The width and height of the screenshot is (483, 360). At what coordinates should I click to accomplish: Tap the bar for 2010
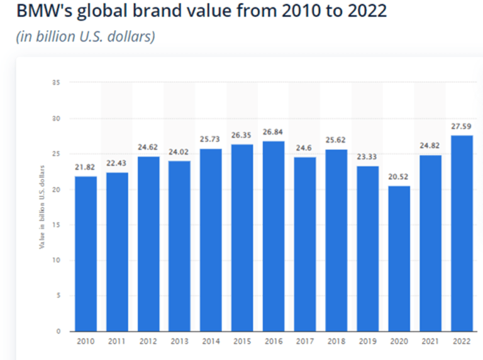[86, 253]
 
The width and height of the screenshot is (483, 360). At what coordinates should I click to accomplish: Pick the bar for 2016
[274, 236]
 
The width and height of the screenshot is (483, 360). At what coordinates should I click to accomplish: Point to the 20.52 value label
[399, 177]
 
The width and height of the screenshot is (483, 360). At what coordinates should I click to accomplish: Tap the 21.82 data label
[86, 167]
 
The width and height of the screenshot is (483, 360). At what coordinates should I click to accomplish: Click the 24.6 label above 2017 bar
[305, 148]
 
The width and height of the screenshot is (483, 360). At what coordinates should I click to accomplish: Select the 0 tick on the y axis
[58, 331]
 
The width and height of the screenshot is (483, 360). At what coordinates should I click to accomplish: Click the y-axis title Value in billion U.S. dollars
[42, 206]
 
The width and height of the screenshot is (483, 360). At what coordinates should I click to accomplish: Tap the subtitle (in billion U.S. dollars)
[85, 36]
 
